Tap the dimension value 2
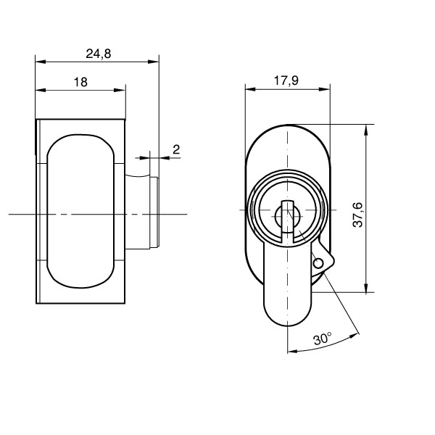coord(175,149)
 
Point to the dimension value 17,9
coord(287,81)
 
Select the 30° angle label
coord(322,339)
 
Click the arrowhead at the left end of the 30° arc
coord(291,352)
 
